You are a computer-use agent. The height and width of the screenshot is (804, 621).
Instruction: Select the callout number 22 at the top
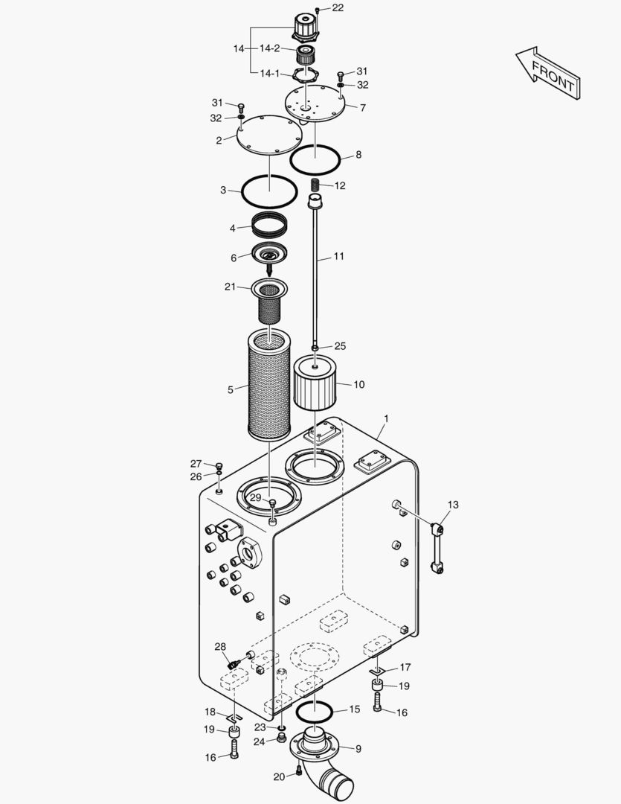coord(338,7)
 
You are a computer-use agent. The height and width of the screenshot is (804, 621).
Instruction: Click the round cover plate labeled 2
coord(269,135)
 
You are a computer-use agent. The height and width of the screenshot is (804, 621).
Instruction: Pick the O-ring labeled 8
coord(315,158)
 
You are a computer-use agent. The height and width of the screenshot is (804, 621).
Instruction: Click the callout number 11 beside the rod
coord(338,257)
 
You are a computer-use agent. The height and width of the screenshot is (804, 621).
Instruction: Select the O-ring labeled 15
coord(315,712)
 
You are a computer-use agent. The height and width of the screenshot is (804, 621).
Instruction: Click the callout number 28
coord(220,646)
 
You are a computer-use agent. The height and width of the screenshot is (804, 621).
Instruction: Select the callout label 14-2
coord(269,48)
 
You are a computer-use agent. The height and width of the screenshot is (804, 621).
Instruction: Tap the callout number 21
coord(230,287)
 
